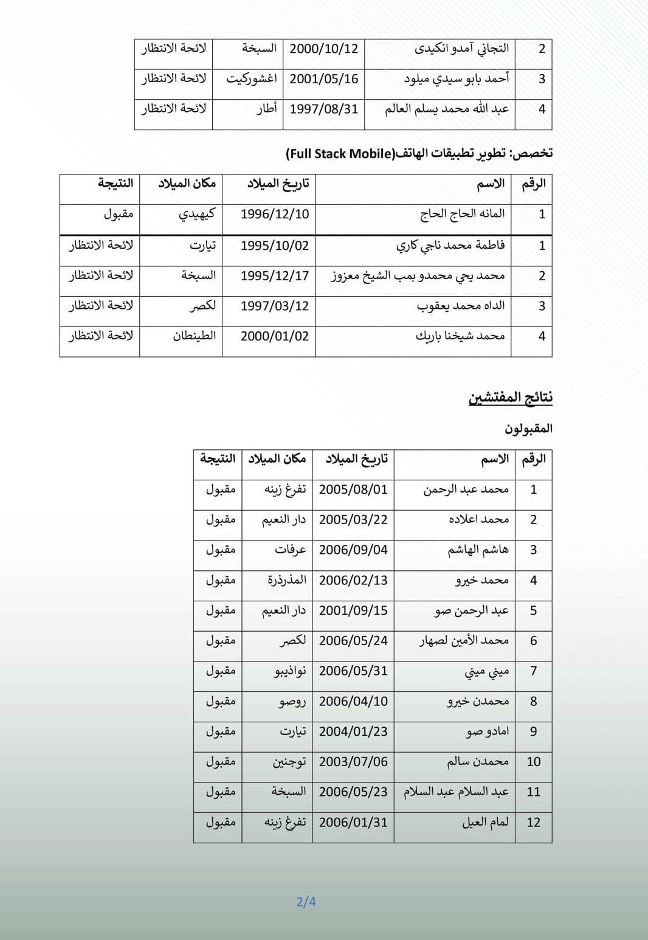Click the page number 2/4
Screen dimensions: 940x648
306,902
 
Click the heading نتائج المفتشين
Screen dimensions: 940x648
511,398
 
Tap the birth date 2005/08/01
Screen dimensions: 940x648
353,489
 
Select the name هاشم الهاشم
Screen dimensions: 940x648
478,550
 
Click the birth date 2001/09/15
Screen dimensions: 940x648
353,610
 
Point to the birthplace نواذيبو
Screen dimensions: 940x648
290,671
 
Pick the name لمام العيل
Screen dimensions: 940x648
485,822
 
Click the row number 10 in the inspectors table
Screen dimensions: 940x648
533,762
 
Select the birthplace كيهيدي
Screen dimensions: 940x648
197,214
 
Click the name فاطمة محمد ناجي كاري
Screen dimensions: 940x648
450,245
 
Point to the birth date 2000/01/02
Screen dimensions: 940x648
275,336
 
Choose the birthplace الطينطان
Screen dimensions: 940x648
195,336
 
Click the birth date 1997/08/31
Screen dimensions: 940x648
324,109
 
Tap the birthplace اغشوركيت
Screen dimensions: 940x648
252,79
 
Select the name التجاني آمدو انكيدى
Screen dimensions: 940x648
462,49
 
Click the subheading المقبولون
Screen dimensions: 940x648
528,429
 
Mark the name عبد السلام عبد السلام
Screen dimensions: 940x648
457,792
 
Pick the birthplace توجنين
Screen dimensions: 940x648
289,762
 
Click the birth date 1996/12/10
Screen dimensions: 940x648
275,214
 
